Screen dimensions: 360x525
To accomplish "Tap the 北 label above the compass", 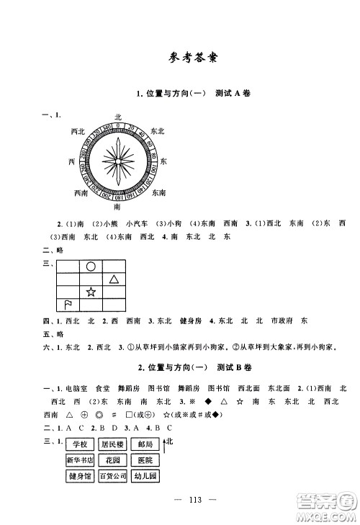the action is [117, 115].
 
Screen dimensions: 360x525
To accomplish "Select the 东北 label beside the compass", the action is [158, 130].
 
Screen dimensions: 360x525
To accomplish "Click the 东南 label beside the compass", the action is [160, 192].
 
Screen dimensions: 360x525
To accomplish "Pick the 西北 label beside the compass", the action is [80, 131].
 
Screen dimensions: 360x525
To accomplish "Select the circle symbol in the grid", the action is [91, 266].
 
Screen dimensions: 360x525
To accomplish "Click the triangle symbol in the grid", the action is [114, 279].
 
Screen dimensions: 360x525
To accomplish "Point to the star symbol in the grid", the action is [91, 292].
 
